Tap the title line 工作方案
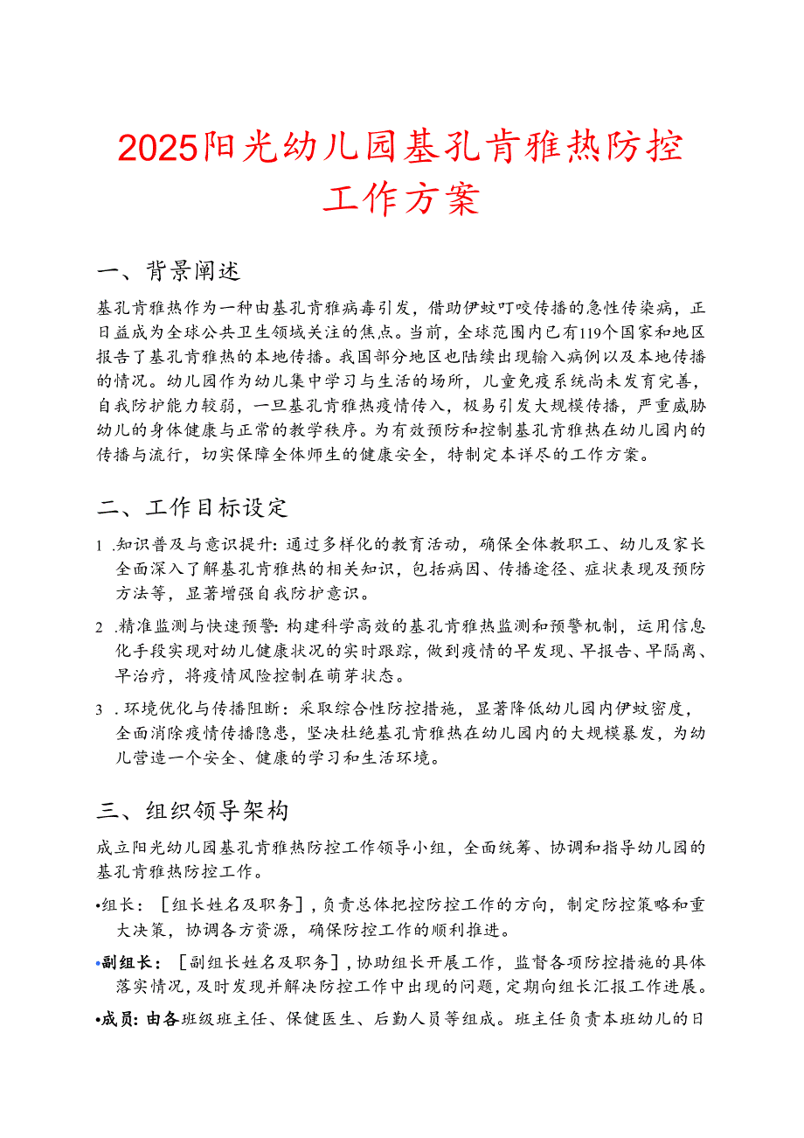click(401, 199)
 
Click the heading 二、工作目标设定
click(191, 507)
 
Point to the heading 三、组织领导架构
click(191, 811)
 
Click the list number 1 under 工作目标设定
click(101, 546)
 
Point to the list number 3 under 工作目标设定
click(101, 709)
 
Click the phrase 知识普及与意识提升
click(196, 546)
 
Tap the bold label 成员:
click(116, 1020)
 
